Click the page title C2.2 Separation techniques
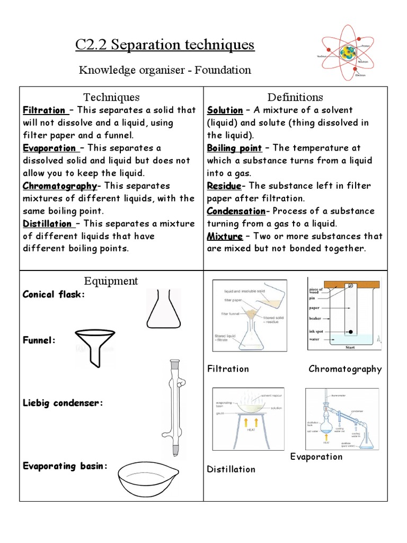click(165, 45)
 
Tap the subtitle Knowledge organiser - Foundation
click(165, 70)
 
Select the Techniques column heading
click(111, 97)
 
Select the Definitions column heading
click(295, 97)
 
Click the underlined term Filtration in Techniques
click(45, 110)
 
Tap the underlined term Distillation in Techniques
click(47, 224)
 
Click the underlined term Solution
click(225, 110)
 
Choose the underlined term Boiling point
click(234, 148)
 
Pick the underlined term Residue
click(224, 186)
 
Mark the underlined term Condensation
click(236, 211)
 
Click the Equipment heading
click(111, 281)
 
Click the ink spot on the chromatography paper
click(350, 332)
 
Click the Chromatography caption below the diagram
click(345, 369)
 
